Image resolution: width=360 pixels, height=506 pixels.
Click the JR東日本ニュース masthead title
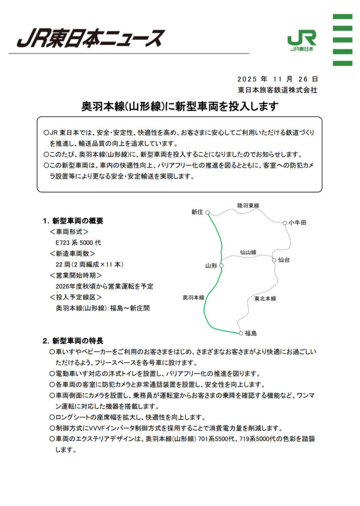click(90, 38)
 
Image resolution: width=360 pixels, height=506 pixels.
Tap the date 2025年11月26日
click(277, 79)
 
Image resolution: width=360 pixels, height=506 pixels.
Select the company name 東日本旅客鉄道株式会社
click(277, 90)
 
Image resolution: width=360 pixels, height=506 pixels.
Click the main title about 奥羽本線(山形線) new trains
click(180, 106)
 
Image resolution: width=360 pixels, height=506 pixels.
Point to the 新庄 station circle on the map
click(208, 213)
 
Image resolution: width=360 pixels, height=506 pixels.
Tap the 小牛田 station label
click(298, 223)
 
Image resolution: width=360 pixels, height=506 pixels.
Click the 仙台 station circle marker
click(274, 259)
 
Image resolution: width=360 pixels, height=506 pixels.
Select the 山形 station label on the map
click(211, 266)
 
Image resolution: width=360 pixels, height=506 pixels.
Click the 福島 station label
click(251, 334)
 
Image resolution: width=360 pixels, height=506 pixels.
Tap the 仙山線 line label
click(248, 253)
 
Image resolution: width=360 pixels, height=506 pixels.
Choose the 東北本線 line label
click(265, 298)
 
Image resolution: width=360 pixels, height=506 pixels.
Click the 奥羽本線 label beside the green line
click(193, 297)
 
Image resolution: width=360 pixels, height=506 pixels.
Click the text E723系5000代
click(78, 243)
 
